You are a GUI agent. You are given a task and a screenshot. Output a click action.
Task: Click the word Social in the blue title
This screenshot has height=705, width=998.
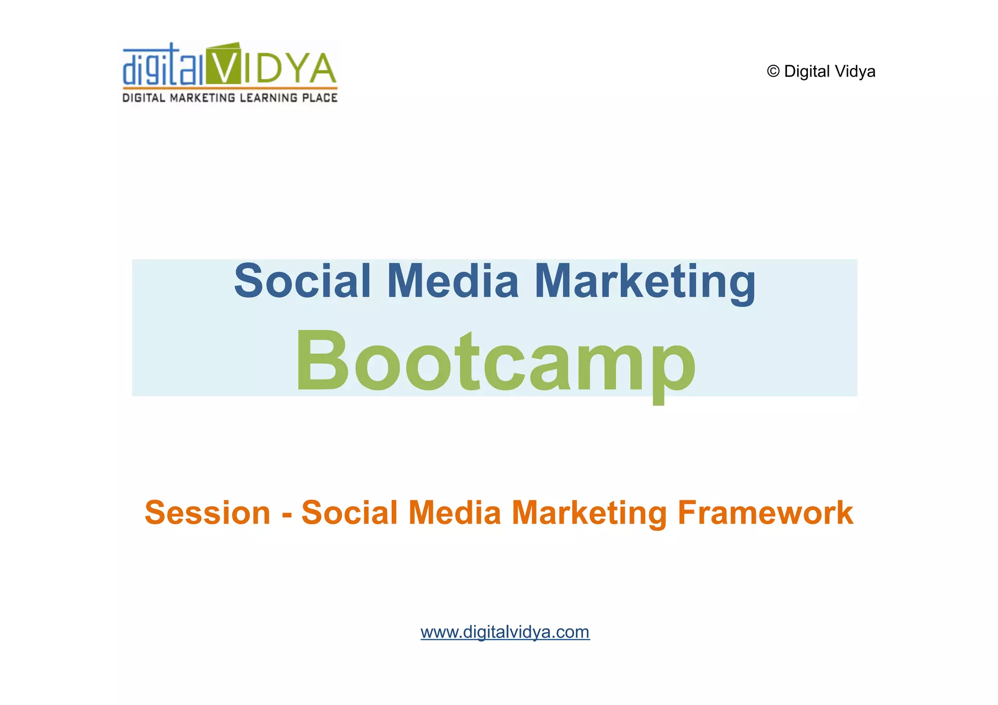point(303,281)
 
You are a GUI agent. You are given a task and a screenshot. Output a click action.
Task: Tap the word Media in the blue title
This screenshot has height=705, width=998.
point(453,281)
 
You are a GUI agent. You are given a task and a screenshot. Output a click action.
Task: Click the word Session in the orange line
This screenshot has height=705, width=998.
point(208,513)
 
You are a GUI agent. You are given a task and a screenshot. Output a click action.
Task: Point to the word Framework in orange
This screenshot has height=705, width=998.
point(765,513)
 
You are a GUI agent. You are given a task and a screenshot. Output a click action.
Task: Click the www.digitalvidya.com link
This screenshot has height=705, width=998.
point(505,632)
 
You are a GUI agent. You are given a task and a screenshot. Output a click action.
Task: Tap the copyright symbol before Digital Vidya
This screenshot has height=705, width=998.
point(773,72)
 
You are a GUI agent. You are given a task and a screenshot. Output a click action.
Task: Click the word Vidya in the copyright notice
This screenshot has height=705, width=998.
point(855,72)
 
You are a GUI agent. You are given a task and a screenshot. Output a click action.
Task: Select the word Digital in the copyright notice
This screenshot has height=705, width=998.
point(807,72)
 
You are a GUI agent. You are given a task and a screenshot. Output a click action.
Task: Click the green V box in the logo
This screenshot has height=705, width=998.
point(224,64)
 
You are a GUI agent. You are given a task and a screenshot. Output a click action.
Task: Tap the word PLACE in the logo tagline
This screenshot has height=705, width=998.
point(320,98)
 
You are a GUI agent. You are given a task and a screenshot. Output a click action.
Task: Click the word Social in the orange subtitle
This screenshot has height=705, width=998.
point(349,513)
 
